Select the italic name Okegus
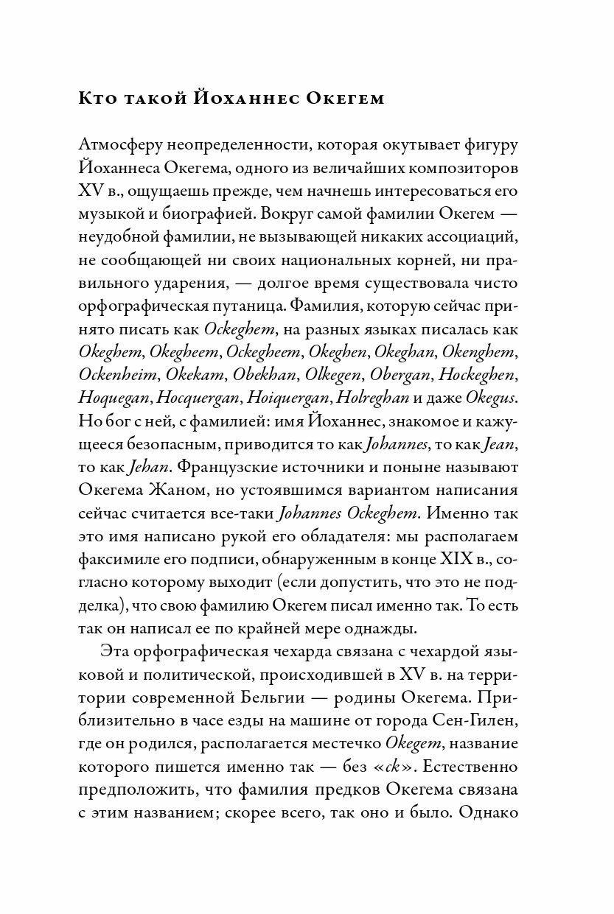point(490,398)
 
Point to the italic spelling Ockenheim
point(117,374)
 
